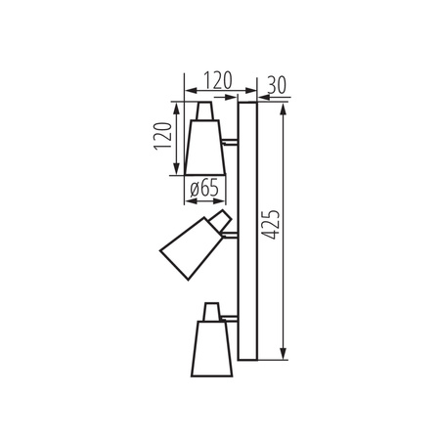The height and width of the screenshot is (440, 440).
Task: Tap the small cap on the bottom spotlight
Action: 210,311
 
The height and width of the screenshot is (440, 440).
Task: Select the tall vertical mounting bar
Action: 247,231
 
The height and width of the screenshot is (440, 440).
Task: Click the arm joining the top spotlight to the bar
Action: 230,143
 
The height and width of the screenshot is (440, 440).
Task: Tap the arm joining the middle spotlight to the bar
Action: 232,232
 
